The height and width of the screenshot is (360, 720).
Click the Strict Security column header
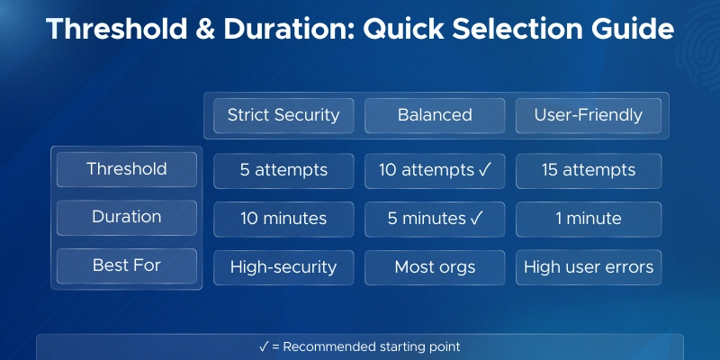[283, 115]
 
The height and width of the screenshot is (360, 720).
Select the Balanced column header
[435, 115]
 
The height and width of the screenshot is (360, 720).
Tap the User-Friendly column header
[588, 115]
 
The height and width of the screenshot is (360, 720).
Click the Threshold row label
[126, 169]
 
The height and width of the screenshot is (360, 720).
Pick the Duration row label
[126, 217]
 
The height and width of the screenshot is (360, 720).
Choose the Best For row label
[126, 265]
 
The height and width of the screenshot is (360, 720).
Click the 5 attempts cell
[283, 170]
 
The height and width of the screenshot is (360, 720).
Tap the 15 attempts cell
[588, 170]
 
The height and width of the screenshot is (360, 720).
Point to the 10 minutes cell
[283, 219]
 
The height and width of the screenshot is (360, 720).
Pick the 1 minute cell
[588, 219]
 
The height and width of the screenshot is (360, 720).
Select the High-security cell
[283, 266]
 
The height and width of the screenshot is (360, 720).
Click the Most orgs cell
[435, 266]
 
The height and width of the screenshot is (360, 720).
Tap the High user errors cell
[588, 266]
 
